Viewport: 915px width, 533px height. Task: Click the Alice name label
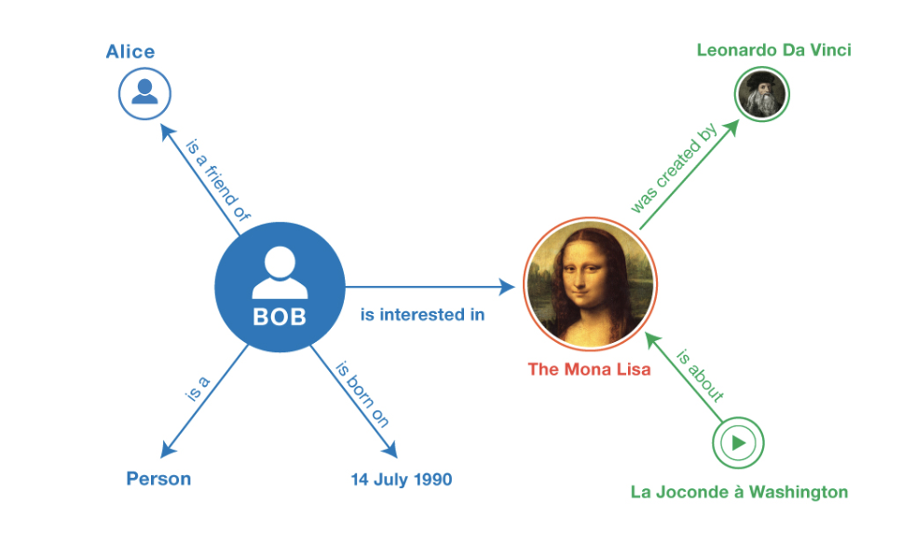pos(130,51)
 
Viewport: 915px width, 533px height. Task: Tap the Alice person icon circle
pos(144,93)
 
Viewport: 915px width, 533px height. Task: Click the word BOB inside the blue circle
pos(280,317)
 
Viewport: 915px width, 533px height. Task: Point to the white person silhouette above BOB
pos(280,272)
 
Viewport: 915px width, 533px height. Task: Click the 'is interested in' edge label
pos(422,314)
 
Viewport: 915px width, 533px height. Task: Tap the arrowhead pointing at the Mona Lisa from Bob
pos(508,287)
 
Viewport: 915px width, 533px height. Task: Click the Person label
pos(158,479)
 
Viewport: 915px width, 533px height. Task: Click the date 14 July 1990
pos(401,480)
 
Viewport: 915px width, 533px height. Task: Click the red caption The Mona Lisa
pos(589,369)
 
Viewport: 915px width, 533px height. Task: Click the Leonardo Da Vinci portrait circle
pos(762,94)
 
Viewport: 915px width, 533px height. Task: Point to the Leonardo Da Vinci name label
pos(773,49)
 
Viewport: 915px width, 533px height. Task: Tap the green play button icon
pos(738,442)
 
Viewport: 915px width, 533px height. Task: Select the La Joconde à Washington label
pos(739,491)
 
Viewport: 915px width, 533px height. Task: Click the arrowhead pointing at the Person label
pos(166,450)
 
